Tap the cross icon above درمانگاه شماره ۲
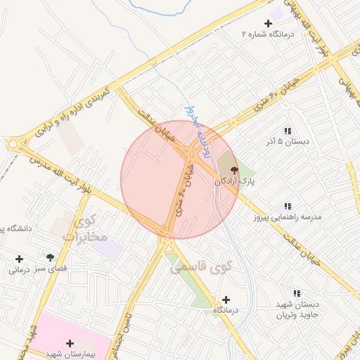[x=267, y=24]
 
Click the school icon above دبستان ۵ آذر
[x=287, y=131]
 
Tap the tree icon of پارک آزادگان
[x=234, y=169]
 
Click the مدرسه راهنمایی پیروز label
[x=288, y=217]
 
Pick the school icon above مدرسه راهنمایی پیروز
[x=287, y=206]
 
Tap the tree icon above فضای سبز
[x=50, y=257]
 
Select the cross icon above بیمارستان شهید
[x=69, y=343]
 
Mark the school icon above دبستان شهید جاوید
[x=296, y=292]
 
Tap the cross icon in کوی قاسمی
[x=226, y=300]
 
